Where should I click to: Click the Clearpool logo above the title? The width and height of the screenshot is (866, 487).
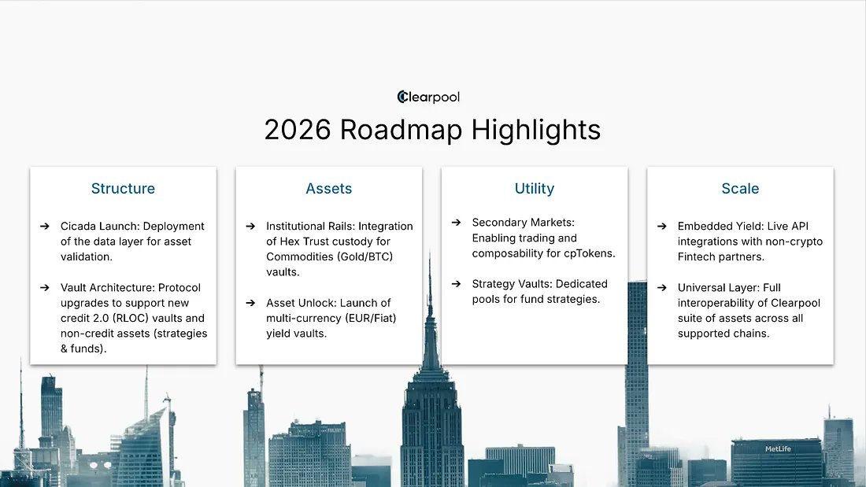click(x=428, y=97)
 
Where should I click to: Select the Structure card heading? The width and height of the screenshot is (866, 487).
click(x=123, y=189)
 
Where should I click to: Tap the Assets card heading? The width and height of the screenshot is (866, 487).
click(x=328, y=189)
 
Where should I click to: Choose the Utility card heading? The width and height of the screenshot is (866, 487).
click(x=535, y=189)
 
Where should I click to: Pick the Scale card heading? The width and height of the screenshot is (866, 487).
click(x=740, y=189)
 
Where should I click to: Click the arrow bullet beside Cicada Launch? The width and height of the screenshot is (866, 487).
click(x=45, y=227)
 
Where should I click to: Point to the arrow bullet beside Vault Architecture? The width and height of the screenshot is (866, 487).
click(x=45, y=288)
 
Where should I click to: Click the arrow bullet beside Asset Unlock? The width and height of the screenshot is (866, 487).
click(x=250, y=303)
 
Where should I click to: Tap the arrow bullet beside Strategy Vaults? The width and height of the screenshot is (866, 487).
click(x=457, y=284)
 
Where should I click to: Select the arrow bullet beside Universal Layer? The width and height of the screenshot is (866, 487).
click(x=662, y=288)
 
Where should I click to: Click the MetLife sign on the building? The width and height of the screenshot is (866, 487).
click(x=778, y=449)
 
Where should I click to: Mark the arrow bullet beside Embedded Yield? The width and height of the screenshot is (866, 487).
click(x=662, y=227)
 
